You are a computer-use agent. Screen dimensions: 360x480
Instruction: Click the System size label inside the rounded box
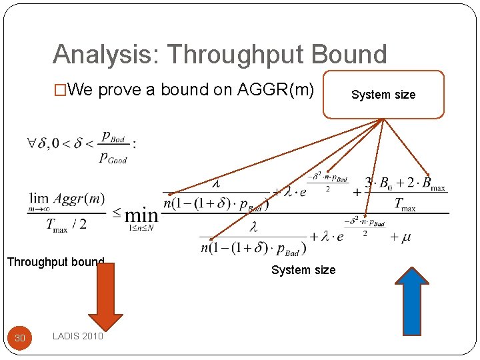[x=383, y=95]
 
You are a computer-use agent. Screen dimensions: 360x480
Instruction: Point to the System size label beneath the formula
[x=303, y=270]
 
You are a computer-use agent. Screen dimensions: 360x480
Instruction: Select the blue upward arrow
[x=416, y=300]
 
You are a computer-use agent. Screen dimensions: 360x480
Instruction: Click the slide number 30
[x=20, y=338]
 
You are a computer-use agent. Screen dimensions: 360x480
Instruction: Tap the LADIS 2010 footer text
[x=78, y=336]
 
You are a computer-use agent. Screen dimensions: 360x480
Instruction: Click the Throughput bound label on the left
[x=55, y=262]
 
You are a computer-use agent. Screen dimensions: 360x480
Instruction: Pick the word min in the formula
[x=141, y=215]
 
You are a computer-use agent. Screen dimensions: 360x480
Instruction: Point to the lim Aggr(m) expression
[x=67, y=199]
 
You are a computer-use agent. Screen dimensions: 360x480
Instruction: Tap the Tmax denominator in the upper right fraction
[x=405, y=204]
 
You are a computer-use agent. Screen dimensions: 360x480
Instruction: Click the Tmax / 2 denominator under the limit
[x=66, y=225]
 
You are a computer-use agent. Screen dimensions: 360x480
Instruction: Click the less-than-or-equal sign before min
[x=117, y=213]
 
